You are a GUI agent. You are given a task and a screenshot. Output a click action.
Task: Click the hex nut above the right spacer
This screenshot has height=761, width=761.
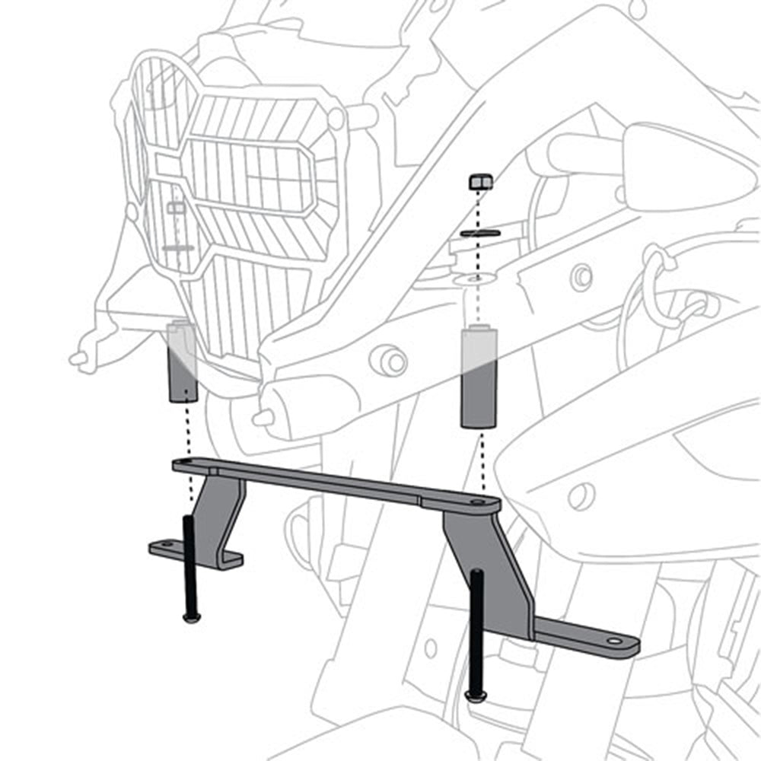click(480, 182)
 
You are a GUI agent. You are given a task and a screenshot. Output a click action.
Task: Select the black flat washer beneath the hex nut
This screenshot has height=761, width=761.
click(480, 232)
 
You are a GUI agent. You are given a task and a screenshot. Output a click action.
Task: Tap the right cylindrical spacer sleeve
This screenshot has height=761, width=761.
click(479, 377)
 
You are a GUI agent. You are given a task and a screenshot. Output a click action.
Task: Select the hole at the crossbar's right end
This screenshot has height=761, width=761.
click(477, 503)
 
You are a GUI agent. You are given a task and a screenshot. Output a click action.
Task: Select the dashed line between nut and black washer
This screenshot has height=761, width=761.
click(480, 209)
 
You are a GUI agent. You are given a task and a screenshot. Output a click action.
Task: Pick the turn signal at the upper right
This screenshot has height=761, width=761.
click(685, 164)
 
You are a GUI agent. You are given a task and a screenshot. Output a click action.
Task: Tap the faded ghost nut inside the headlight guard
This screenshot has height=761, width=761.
click(175, 207)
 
